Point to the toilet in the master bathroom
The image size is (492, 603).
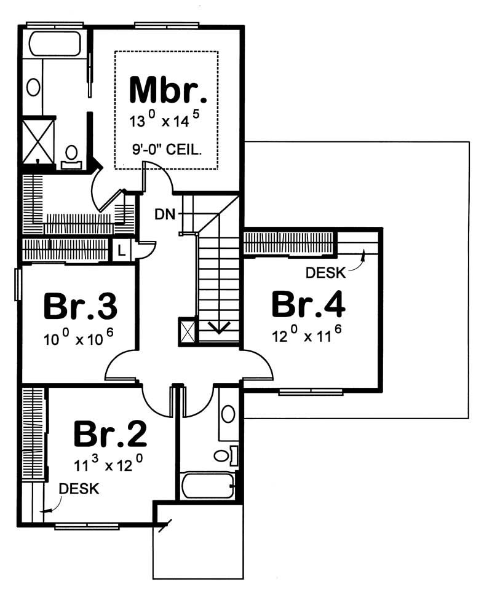click(x=71, y=155)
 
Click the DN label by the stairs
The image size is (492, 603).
click(x=164, y=214)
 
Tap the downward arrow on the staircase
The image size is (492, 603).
click(x=218, y=326)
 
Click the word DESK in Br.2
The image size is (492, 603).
click(x=79, y=489)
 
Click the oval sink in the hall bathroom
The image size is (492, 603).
click(x=228, y=413)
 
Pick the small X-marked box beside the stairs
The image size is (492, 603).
click(x=186, y=329)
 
